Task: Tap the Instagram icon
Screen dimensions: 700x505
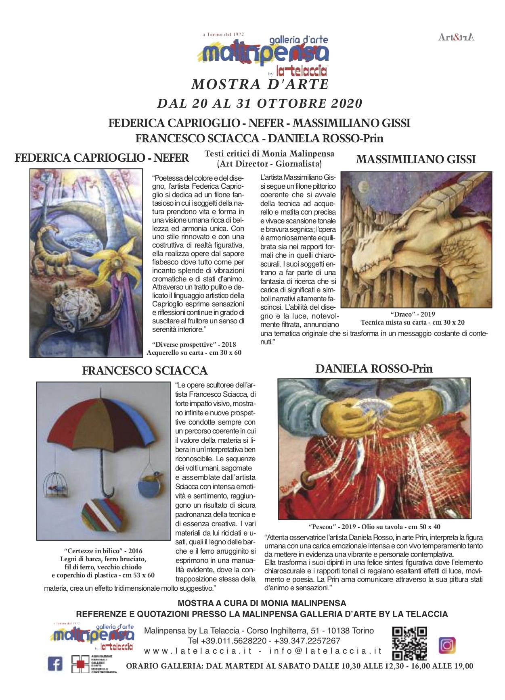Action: (x=447, y=645)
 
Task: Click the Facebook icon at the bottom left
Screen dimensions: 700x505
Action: (x=55, y=664)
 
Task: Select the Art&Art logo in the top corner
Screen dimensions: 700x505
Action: (x=456, y=37)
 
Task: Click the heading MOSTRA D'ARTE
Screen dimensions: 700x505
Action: (x=260, y=85)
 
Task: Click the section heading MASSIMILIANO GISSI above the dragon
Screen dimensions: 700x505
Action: (x=416, y=160)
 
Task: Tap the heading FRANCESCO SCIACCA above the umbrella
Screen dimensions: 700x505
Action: (x=145, y=371)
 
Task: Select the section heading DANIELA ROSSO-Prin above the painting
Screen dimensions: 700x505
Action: (x=374, y=369)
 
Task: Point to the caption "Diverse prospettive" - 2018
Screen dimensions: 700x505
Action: (x=194, y=344)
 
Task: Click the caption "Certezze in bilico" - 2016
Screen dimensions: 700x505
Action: (x=103, y=551)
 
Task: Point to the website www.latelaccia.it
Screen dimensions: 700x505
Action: (x=198, y=651)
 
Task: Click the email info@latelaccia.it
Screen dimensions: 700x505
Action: (x=325, y=651)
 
